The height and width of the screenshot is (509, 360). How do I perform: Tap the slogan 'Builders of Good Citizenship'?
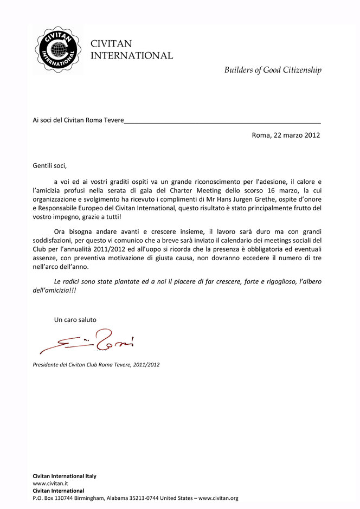273,70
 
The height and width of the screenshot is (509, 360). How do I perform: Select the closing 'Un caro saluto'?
75,320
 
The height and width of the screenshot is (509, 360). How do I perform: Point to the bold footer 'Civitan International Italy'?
65,476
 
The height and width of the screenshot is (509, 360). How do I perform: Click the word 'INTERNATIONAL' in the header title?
132,55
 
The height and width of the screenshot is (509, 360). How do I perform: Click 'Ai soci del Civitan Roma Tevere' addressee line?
79,120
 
